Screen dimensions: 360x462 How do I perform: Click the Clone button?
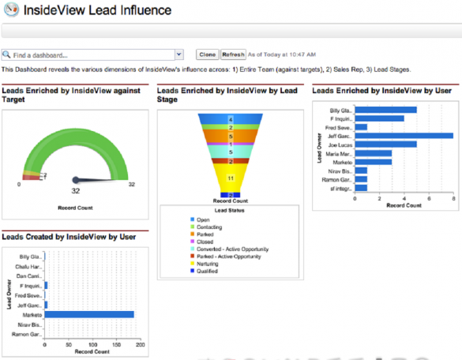coord(207,55)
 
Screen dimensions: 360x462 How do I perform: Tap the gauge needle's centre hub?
coord(76,179)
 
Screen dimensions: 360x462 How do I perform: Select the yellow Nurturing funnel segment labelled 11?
coord(229,178)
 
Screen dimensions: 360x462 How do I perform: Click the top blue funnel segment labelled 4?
coord(229,118)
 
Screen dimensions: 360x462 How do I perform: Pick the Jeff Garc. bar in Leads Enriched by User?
coord(404,135)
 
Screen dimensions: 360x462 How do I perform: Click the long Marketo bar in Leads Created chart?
coord(89,314)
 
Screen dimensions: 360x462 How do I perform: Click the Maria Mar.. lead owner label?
coord(340,153)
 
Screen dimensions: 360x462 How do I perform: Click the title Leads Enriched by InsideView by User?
coord(381,91)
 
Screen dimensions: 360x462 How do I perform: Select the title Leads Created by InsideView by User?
coord(69,234)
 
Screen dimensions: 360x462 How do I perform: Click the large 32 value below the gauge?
coord(76,191)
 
